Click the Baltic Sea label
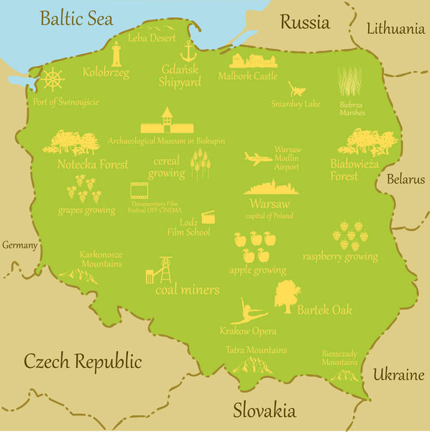tap(77, 19)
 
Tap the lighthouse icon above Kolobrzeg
tap(116, 53)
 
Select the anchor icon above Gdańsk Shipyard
tap(188, 51)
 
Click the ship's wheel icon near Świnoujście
tap(52, 79)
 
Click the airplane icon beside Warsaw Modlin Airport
tap(257, 158)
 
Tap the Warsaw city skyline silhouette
tap(271, 187)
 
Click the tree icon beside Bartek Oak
tap(287, 296)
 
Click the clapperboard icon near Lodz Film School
tap(208, 216)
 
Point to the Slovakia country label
tap(264, 411)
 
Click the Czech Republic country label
tap(83, 361)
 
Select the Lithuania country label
tap(395, 29)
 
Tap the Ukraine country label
tap(398, 375)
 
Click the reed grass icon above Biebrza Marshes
tap(350, 82)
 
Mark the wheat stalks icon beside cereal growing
tap(200, 165)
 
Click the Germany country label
tap(19, 246)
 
